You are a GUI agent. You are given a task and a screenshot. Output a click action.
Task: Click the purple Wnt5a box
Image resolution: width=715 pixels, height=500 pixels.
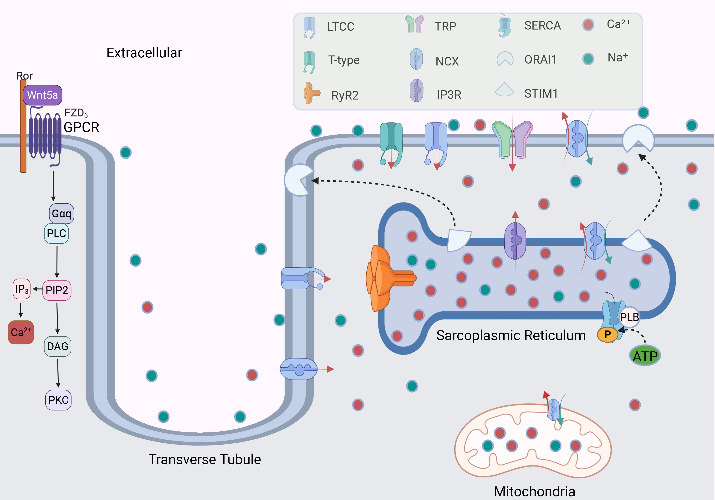point(42,95)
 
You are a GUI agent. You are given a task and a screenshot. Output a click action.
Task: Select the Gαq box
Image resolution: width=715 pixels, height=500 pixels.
point(61,213)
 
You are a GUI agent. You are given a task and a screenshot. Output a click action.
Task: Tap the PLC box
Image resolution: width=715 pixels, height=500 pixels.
point(56,233)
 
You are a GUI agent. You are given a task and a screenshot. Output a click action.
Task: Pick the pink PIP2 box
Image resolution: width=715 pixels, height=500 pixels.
point(57,290)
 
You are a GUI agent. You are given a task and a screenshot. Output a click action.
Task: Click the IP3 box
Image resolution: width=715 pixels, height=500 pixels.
point(21,289)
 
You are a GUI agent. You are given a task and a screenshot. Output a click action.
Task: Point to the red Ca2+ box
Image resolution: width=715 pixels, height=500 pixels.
point(20,332)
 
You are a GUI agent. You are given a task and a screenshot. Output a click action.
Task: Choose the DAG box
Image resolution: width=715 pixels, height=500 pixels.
point(58,346)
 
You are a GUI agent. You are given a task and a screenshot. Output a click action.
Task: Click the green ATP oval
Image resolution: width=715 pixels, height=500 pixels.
point(645,356)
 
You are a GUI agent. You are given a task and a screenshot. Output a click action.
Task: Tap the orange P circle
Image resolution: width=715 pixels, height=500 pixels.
point(607,335)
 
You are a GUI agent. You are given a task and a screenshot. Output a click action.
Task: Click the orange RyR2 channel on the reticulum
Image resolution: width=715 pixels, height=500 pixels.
point(386,278)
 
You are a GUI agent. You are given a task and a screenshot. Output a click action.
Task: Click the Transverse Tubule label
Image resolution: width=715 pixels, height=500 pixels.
point(204,459)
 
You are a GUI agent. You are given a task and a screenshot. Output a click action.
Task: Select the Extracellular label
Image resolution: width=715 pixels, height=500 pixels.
point(144,53)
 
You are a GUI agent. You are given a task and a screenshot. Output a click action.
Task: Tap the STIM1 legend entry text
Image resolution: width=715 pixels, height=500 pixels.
point(541,93)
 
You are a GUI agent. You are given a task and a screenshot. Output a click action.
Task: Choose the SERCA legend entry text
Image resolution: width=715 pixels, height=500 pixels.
point(542,25)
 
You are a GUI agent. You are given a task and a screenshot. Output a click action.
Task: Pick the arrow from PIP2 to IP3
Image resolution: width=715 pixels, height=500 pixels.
point(38,289)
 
